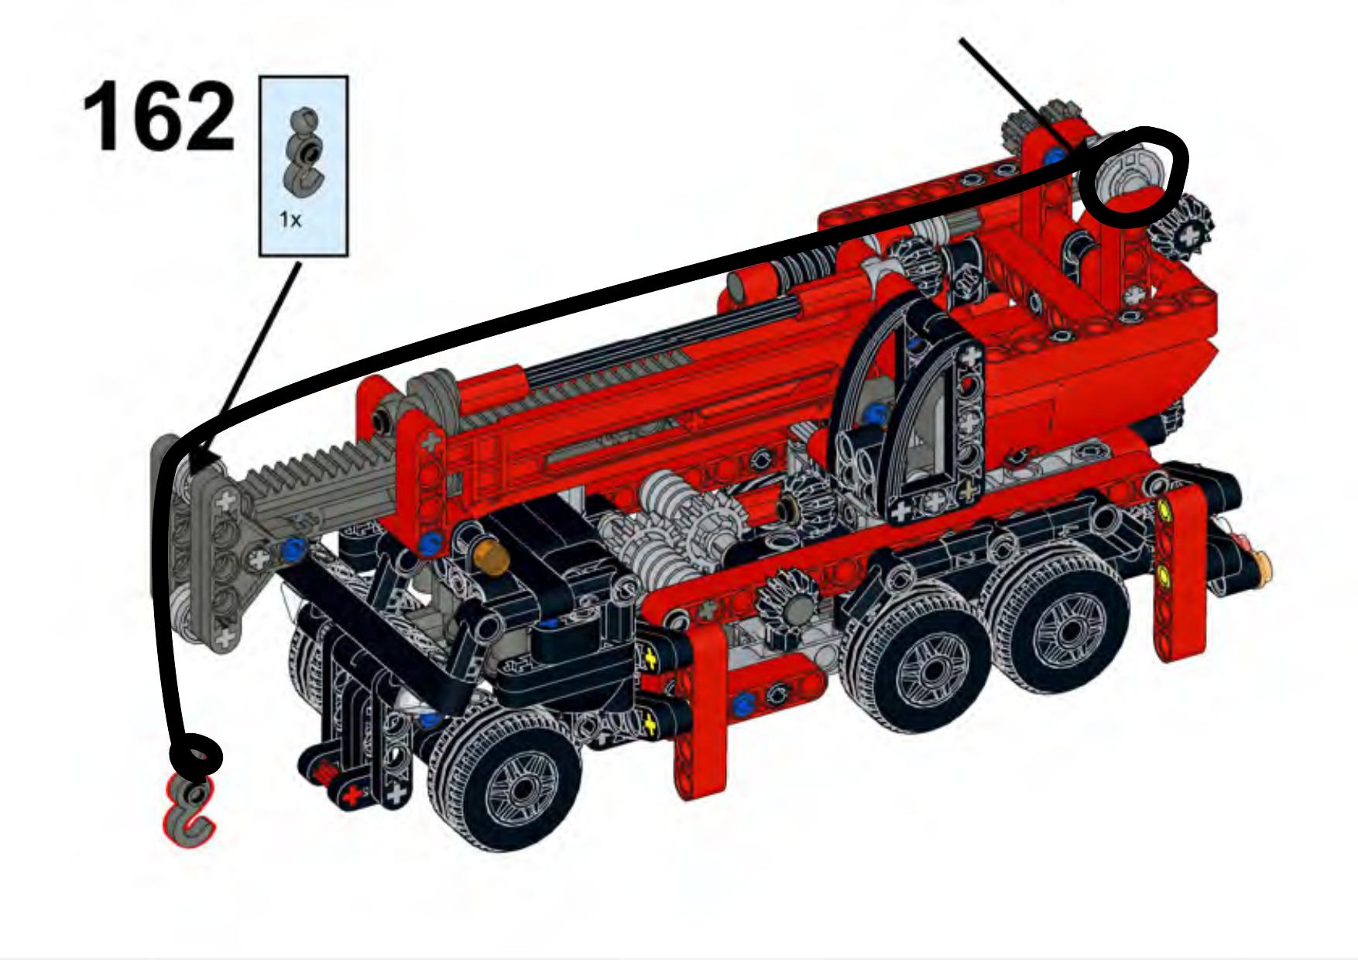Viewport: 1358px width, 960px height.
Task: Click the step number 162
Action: click(158, 118)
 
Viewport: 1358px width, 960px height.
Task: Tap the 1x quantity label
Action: click(290, 220)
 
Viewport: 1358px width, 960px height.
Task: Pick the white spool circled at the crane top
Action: click(1123, 175)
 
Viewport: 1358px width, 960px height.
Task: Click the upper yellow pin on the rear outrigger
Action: click(1163, 512)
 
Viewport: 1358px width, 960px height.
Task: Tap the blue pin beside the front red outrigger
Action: click(743, 704)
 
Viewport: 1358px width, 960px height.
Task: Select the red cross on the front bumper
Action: click(355, 795)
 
